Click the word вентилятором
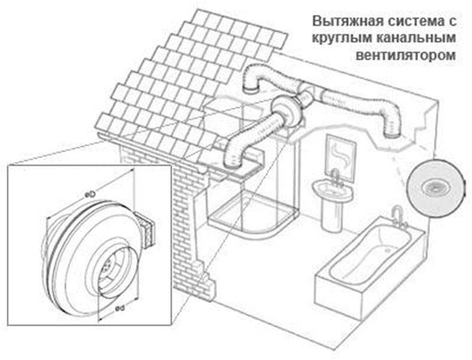406,56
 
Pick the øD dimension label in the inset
90,194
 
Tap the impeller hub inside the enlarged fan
107,266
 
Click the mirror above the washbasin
341,158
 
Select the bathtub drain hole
388,249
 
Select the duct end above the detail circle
391,134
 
